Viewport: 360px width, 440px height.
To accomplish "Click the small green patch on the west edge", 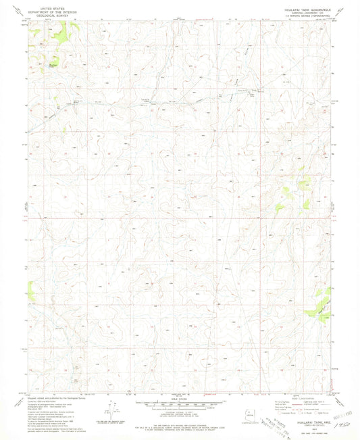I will (x=30, y=291).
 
